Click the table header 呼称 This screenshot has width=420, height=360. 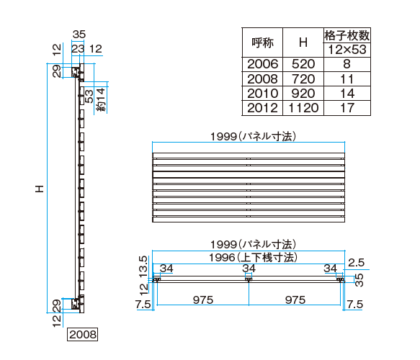(262, 42)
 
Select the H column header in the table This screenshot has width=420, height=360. (303, 42)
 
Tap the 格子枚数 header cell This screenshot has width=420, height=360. (347, 35)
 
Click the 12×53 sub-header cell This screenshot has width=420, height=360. (347, 50)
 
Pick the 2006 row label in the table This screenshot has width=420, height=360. (262, 64)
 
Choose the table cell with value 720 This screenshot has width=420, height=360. (303, 78)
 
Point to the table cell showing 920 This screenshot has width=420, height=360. (303, 93)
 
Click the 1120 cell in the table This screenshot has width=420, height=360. (303, 107)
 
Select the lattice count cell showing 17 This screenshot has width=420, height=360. (347, 107)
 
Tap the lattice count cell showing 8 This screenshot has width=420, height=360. (347, 64)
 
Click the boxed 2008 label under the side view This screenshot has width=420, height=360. (82, 334)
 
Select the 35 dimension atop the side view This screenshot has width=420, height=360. (80, 34)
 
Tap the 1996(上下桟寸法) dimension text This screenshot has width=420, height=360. (249, 256)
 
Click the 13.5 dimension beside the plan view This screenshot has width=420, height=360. (143, 265)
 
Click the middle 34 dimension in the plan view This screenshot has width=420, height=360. (249, 269)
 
